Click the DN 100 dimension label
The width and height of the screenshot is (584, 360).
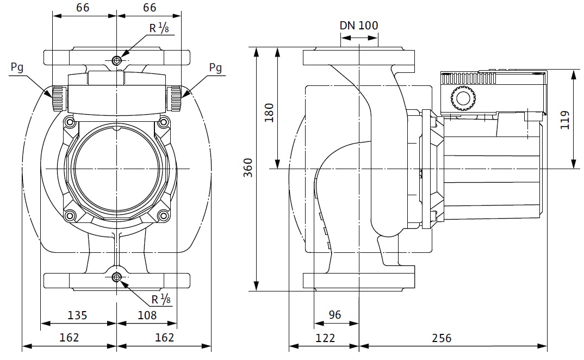tap(359, 26)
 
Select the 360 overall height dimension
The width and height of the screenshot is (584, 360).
tap(247, 167)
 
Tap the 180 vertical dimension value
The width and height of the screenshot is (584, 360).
tap(269, 113)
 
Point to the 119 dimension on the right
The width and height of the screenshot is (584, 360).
tap(564, 120)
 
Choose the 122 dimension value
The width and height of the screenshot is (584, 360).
tap(325, 338)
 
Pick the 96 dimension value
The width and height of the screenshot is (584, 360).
tap(335, 315)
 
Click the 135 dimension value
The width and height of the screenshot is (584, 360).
tap(77, 315)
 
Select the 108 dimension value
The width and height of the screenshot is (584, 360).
tap(147, 315)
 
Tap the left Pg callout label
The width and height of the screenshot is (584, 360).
tap(17, 67)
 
